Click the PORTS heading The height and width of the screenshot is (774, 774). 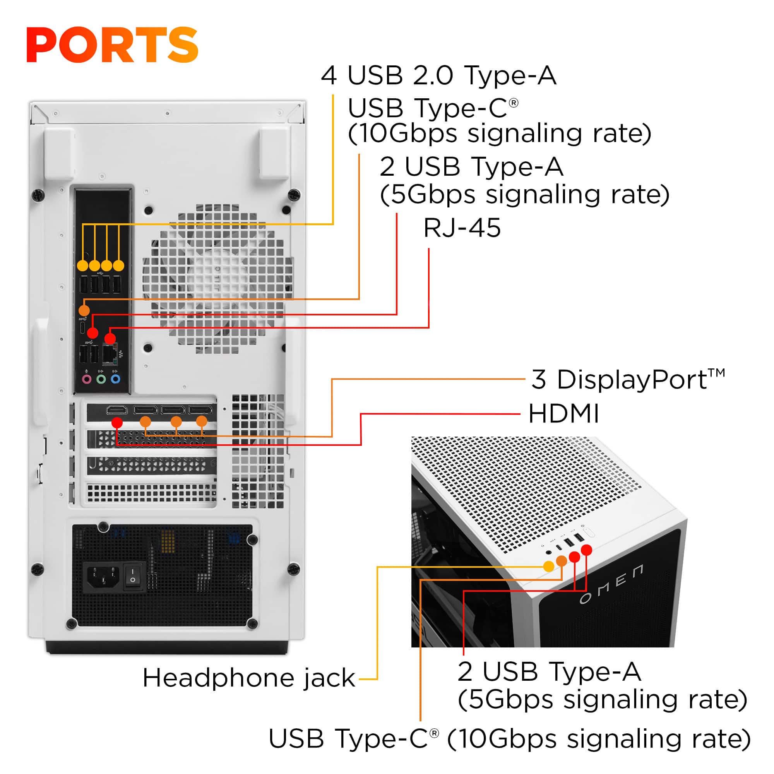point(112,45)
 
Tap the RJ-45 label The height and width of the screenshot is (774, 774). point(462,228)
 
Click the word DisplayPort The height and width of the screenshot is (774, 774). point(632,379)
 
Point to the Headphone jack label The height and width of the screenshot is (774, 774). point(249,678)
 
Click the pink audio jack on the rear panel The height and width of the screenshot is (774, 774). point(87,379)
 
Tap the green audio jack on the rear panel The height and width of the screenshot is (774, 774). point(101,379)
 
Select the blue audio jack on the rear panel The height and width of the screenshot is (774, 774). point(115,379)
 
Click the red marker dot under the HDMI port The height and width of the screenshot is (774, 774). point(117,422)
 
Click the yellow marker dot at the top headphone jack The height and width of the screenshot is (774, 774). point(548,566)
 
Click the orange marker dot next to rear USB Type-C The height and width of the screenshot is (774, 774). point(84,310)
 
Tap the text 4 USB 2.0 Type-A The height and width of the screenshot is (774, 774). point(439,75)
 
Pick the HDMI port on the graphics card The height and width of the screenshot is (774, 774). point(116,410)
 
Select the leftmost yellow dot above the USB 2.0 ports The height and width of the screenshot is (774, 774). point(82,265)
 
